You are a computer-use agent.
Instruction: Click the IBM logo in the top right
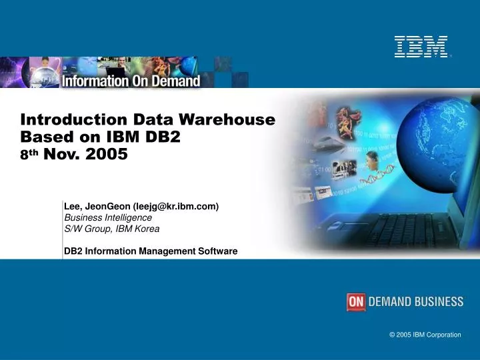tap(421, 47)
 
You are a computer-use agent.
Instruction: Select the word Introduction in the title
tap(74, 120)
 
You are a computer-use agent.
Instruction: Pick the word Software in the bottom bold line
tap(216, 251)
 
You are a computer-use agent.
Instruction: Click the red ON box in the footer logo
tap(356, 302)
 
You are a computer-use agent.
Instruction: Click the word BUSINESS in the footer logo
tap(437, 302)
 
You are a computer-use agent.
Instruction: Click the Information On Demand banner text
tap(131, 81)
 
